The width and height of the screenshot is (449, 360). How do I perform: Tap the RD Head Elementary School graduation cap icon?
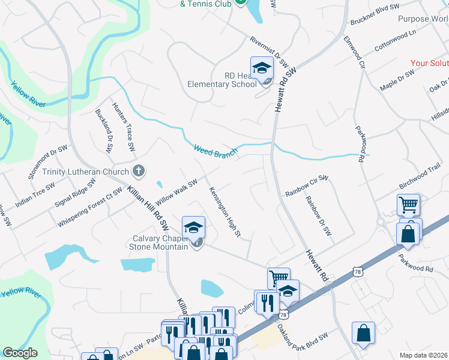[262, 68]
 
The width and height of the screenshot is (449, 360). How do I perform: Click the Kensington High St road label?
[224, 211]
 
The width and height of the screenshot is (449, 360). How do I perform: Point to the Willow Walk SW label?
[176, 191]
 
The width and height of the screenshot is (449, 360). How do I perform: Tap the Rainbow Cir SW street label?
[307, 185]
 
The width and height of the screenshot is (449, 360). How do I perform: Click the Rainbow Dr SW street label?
[318, 215]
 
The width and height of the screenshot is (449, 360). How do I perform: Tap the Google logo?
[20, 353]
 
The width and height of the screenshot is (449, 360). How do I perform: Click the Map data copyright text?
[423, 355]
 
